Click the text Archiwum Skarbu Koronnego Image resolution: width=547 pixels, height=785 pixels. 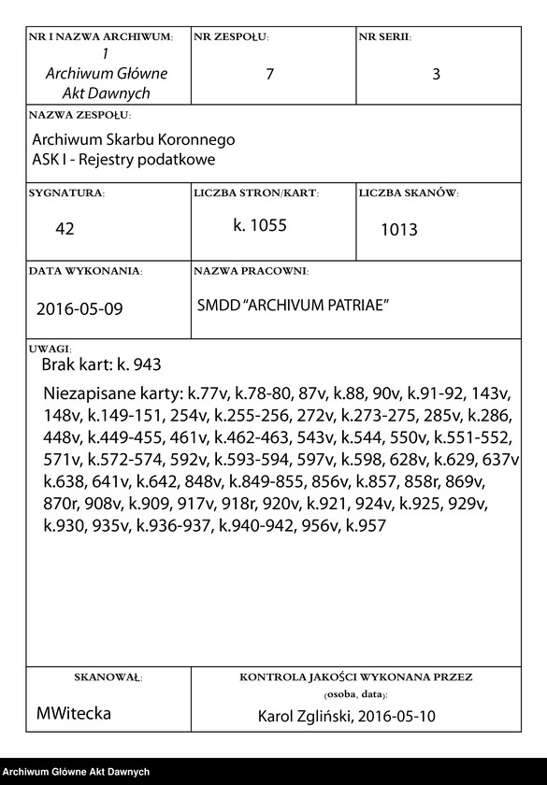coord(133,139)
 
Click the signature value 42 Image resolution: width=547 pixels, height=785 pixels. coord(65,229)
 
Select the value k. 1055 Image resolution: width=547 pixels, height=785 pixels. coord(260,225)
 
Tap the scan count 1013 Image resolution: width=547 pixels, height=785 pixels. coord(398,230)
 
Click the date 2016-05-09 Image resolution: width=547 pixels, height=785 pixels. coord(79,308)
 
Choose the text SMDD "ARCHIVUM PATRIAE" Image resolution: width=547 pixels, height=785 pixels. coord(293,306)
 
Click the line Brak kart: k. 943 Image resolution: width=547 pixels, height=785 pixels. coord(101,364)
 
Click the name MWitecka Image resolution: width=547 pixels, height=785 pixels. coord(74,713)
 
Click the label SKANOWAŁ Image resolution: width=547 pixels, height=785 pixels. coord(107,676)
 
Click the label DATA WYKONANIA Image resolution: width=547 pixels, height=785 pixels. coord(85,271)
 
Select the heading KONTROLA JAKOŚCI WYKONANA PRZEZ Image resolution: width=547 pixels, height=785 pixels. coord(355,676)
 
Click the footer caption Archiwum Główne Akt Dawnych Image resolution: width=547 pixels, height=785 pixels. coord(77,772)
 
